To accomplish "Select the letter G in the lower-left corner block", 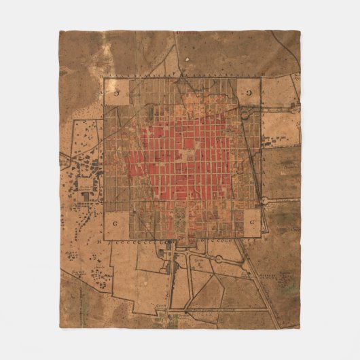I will tap(115, 222).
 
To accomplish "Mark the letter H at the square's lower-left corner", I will tap(101, 240).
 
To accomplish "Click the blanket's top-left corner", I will tap(59, 31).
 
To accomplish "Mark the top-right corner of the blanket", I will tap(300, 31).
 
